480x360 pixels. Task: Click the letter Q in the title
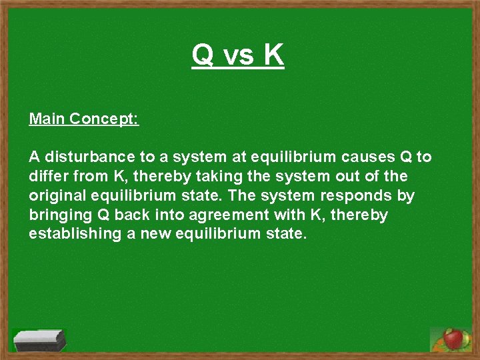(203, 55)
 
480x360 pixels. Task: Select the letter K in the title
(273, 55)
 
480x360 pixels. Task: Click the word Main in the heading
(47, 119)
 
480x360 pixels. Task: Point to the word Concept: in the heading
(104, 119)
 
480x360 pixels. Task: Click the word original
(57, 197)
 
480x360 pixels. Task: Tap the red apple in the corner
(453, 339)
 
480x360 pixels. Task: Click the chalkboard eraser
(39, 339)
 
